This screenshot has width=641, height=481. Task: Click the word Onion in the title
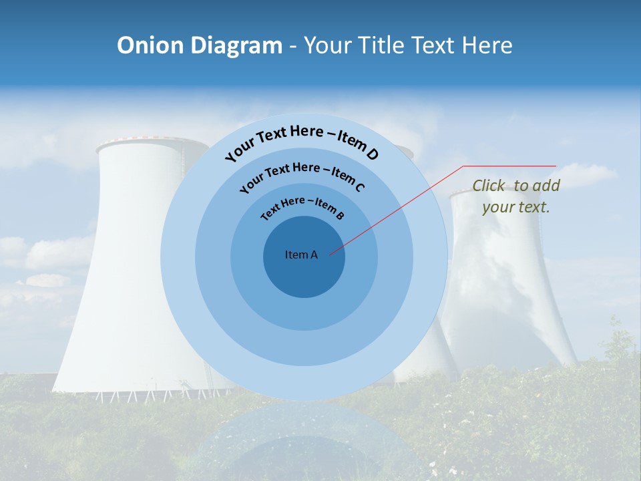coord(151,45)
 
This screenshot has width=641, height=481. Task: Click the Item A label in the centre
coord(301,255)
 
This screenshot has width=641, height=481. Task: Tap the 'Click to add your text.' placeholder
coord(515,196)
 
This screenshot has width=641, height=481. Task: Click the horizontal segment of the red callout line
coord(510,166)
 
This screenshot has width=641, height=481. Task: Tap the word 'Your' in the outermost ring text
coord(240,151)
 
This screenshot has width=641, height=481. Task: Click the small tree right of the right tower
coord(618,341)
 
